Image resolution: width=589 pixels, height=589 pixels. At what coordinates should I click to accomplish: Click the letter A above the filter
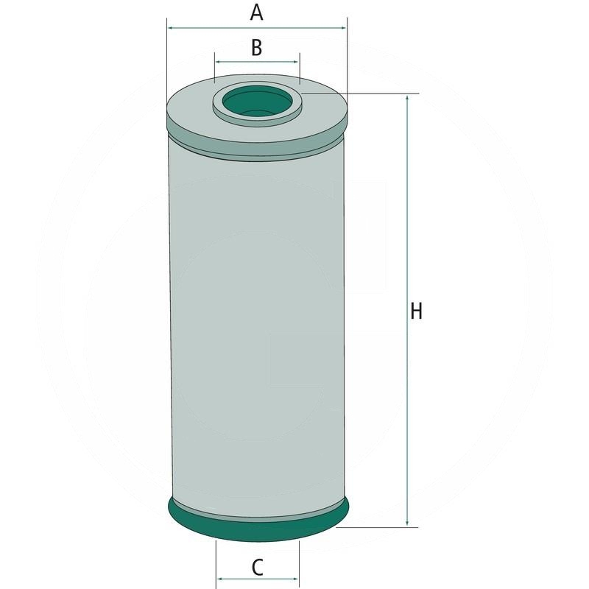pyautogui.click(x=256, y=12)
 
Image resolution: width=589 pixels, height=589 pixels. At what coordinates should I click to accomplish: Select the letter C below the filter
pyautogui.click(x=257, y=567)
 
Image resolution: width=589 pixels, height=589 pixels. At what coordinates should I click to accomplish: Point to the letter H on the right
pyautogui.click(x=416, y=311)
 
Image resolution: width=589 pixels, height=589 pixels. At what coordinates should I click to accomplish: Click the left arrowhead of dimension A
pyautogui.click(x=171, y=28)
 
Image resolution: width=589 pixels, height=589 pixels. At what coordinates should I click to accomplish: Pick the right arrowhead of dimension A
pyautogui.click(x=343, y=28)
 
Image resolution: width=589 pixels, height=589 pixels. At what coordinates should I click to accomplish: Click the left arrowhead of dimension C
pyautogui.click(x=219, y=579)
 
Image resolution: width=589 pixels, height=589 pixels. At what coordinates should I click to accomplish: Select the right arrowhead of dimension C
pyautogui.click(x=297, y=579)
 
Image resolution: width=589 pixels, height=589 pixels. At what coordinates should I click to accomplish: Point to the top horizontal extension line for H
pyautogui.click(x=368, y=94)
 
